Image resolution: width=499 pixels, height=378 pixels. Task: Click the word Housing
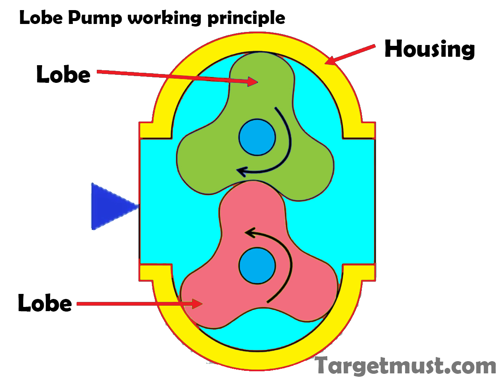430,49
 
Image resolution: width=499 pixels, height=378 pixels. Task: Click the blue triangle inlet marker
112,206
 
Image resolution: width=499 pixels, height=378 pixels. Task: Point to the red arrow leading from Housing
350,55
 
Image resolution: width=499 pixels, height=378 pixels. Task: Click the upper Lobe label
63,74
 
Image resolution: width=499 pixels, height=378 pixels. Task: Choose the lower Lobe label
45,303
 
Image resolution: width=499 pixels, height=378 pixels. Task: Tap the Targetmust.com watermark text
406,365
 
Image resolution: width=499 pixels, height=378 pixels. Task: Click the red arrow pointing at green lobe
177,77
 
